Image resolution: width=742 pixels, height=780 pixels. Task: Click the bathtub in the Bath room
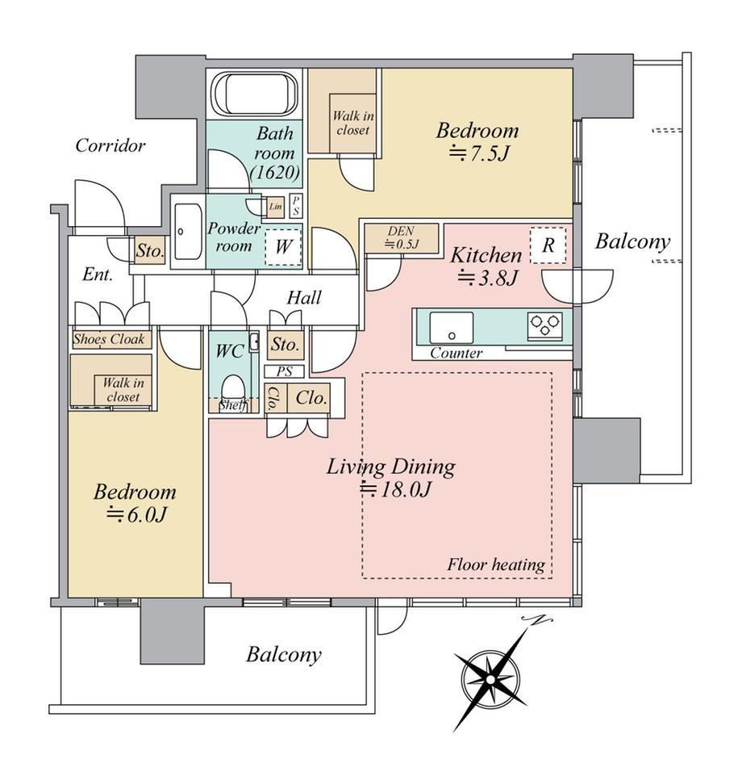coord(256,94)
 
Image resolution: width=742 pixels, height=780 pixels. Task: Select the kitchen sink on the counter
coord(452,327)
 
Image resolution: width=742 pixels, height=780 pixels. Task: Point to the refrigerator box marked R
coord(548,245)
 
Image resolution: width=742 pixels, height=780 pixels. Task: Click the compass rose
coord(491,678)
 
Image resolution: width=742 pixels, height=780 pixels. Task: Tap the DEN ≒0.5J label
coord(402,237)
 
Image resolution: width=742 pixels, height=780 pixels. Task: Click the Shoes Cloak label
coord(108,339)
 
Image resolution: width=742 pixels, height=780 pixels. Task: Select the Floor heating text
coord(496,564)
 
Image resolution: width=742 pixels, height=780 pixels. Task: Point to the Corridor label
coord(110,145)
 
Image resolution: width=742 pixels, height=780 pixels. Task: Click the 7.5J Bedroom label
coord(477,141)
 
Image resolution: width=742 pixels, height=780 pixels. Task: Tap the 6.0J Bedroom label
coord(135,502)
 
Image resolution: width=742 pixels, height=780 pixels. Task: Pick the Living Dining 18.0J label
coord(391,477)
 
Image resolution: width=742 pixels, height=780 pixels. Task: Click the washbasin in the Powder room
coord(189,231)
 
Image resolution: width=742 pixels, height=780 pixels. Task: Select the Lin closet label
coord(275,206)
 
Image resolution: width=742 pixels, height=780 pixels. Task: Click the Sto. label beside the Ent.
coord(149,250)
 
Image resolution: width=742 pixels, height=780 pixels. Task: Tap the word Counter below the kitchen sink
coord(456,353)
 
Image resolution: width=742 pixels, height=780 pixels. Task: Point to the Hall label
coord(304,297)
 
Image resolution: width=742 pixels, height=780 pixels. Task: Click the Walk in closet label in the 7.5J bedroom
coord(353,123)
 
